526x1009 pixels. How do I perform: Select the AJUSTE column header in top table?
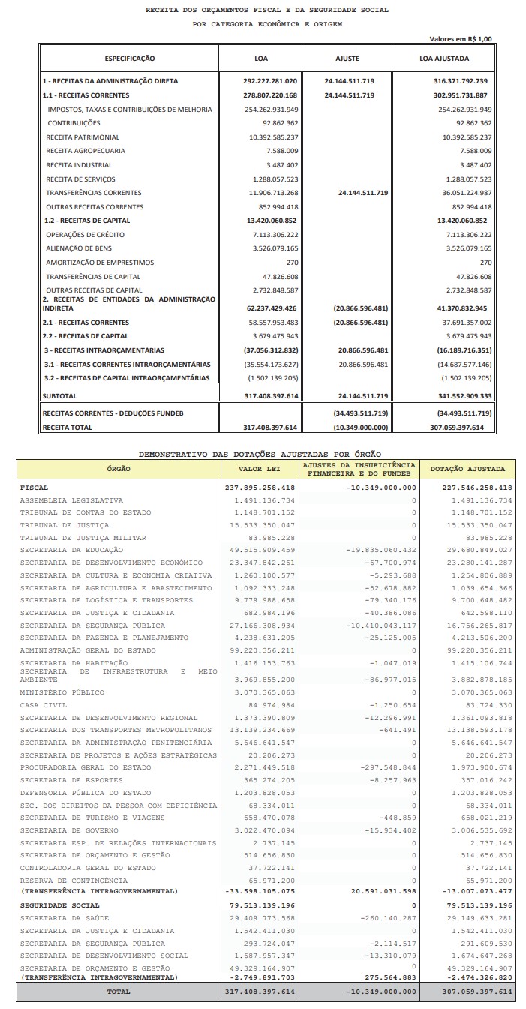[x=347, y=58]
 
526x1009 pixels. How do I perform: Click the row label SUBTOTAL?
[x=60, y=395]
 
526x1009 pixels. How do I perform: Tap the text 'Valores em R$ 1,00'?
[x=461, y=38]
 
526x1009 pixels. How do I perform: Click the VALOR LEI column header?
[x=260, y=469]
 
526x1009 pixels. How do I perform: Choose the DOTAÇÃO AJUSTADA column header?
[x=467, y=469]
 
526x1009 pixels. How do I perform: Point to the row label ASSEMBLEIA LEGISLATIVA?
[x=71, y=500]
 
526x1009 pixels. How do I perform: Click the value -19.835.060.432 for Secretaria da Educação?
[x=381, y=550]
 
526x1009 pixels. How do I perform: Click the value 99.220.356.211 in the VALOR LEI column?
[x=260, y=650]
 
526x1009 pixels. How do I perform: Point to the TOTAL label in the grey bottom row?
[x=119, y=992]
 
